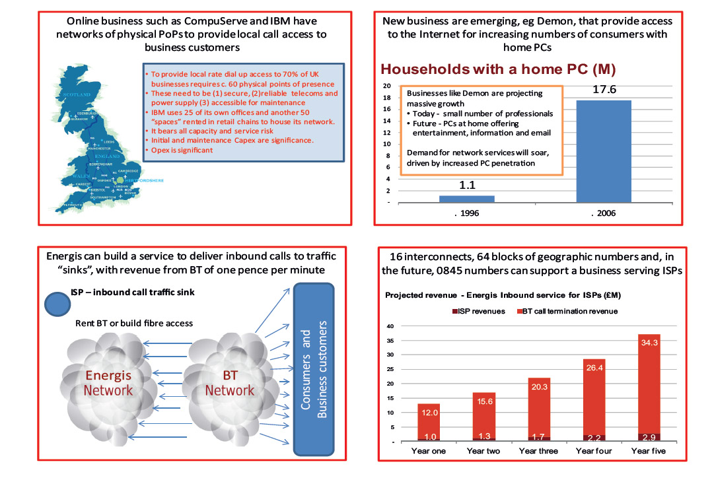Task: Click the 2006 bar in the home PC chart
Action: (x=603, y=151)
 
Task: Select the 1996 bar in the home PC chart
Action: (x=466, y=198)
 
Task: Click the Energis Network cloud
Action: (x=108, y=382)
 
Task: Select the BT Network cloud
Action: (x=229, y=382)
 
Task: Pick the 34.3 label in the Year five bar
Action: (x=649, y=343)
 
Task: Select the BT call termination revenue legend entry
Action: (x=568, y=311)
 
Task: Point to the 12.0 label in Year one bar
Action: (x=429, y=412)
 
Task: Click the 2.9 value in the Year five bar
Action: (x=649, y=437)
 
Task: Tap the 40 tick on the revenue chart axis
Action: (x=390, y=326)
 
